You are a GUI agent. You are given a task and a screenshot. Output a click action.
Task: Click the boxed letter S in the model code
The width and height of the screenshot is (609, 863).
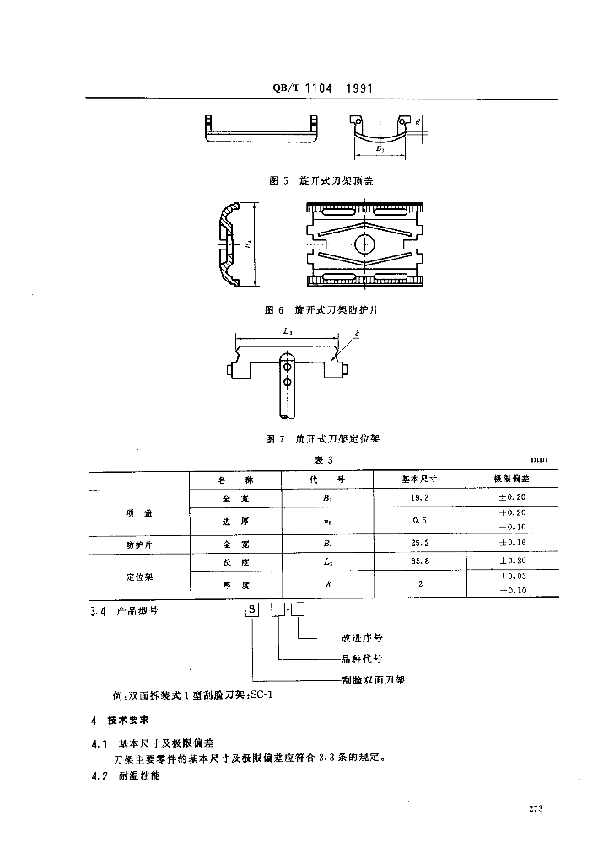[x=251, y=609]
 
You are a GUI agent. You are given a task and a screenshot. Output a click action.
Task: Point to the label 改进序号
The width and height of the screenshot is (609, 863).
[x=363, y=638]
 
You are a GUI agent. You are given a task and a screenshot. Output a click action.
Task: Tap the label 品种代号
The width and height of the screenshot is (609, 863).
[x=363, y=658]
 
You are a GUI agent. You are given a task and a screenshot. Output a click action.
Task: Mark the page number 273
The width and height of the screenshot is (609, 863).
[x=535, y=808]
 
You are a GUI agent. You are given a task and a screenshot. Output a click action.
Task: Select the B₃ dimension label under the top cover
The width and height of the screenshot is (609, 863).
[x=380, y=148]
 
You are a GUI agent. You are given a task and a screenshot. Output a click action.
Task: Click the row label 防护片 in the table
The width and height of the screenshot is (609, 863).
[x=137, y=544]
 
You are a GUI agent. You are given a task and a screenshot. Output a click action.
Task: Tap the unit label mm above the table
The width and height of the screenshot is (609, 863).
[x=537, y=459]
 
